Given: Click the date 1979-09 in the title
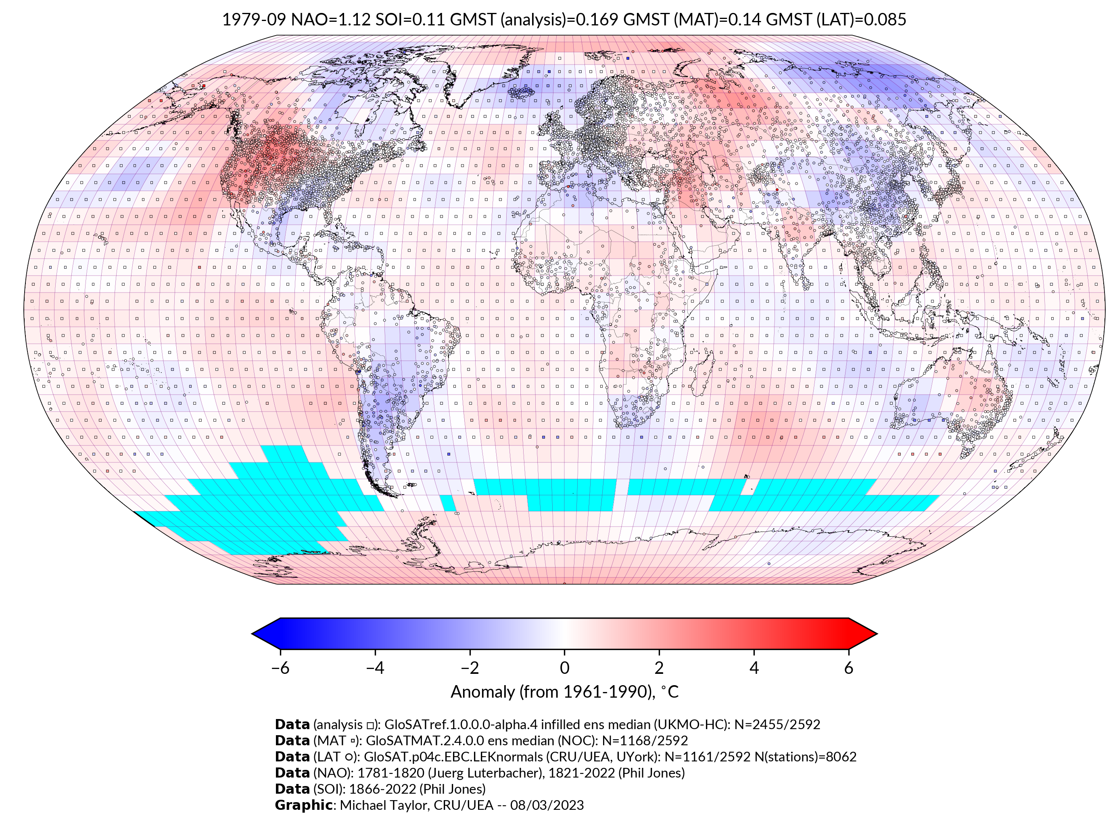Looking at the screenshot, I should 254,20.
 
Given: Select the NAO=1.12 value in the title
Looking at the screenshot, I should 330,20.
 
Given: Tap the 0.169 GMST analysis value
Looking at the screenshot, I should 597,20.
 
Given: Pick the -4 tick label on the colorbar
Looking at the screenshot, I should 375,668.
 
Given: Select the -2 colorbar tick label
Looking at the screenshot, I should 470,668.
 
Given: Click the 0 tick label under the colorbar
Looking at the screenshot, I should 564,668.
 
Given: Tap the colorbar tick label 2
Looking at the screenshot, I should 659,668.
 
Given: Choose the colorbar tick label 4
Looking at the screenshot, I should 754,668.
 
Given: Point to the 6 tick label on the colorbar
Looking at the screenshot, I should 849,668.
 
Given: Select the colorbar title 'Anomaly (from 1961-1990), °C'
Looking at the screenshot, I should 564,692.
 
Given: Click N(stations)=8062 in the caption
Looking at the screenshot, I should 806,757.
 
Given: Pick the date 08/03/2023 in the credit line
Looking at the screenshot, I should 547,805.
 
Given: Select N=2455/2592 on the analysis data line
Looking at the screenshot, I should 777,725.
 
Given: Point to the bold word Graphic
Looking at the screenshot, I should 303,805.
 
